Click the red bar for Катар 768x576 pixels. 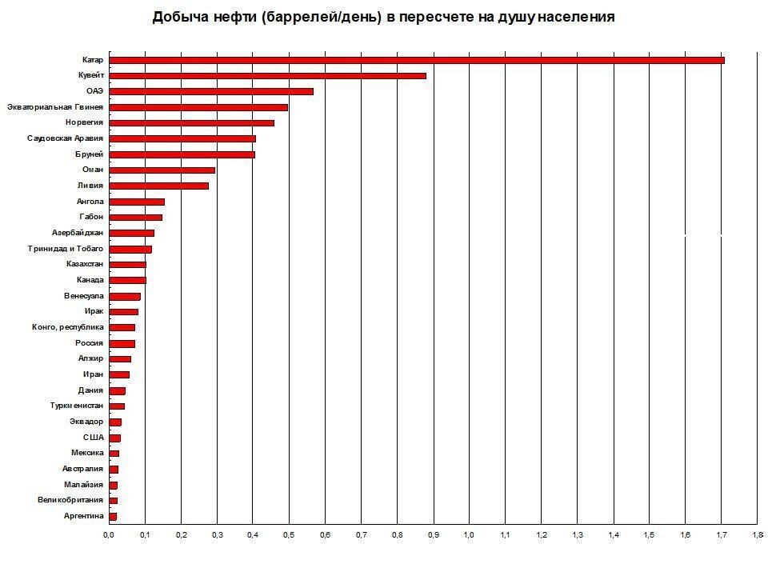coord(416,60)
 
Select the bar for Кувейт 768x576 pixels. coord(267,76)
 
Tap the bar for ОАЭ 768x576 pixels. coord(210,91)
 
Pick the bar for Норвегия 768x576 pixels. coord(191,122)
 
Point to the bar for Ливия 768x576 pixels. coord(158,186)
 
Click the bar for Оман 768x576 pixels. coord(162,170)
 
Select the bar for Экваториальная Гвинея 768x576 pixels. coord(198,107)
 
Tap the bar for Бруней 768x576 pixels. coord(182,154)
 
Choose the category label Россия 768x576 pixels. coord(89,343)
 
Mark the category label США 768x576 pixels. coord(93,438)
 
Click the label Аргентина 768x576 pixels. coord(83,516)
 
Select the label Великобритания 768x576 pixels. coord(70,500)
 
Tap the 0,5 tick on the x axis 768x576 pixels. coord(289,534)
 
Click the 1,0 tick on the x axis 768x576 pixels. coord(469,534)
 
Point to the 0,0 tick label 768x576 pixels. coord(109,534)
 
